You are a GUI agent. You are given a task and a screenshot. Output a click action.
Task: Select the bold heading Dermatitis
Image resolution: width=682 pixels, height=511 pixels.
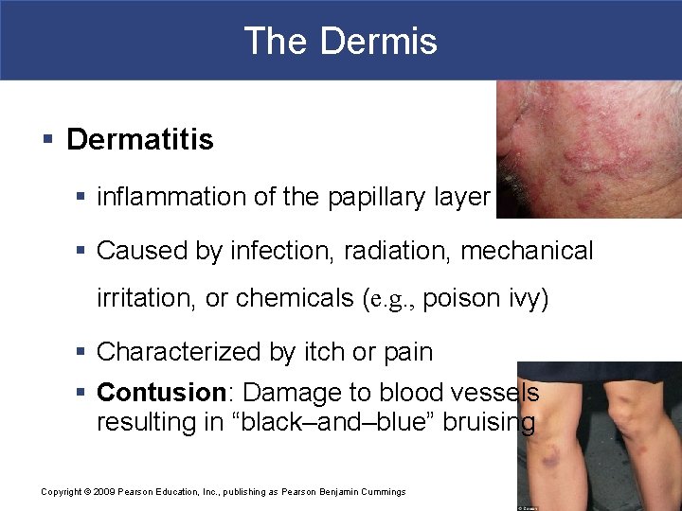point(140,140)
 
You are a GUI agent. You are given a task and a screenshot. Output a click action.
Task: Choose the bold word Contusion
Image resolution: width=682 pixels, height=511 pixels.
point(160,392)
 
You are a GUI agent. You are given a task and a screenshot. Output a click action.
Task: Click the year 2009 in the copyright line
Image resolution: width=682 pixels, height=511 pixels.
point(103,492)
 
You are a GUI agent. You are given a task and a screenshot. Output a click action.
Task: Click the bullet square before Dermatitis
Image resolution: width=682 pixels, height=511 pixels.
point(47,140)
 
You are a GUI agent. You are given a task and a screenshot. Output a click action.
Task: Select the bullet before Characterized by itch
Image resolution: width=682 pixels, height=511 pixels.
point(81,352)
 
